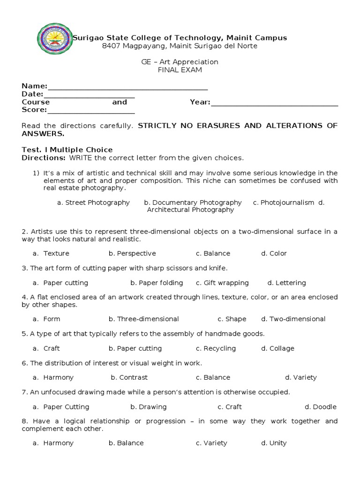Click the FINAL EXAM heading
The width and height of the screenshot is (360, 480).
coord(180,70)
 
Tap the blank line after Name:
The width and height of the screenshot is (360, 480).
coord(127,88)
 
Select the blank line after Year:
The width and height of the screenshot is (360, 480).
coord(274,104)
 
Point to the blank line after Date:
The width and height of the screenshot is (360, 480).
coord(89,96)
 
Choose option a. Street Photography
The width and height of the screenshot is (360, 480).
coord(93,202)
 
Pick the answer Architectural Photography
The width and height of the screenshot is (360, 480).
coord(190,210)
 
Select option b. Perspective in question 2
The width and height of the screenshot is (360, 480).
coord(132,253)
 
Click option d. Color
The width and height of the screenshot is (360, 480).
coord(274,253)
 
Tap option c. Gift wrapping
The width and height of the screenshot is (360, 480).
coord(222,283)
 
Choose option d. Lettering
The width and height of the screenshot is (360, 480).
coord(286,283)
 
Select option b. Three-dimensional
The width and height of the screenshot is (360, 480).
coord(143,319)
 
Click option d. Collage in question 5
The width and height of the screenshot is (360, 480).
coord(277,348)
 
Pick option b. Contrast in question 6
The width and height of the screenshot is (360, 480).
coord(129,377)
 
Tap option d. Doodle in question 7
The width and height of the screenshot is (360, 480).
coord(320,407)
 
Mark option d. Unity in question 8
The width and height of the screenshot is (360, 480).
coord(274,443)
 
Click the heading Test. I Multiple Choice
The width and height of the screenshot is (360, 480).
coord(67,150)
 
